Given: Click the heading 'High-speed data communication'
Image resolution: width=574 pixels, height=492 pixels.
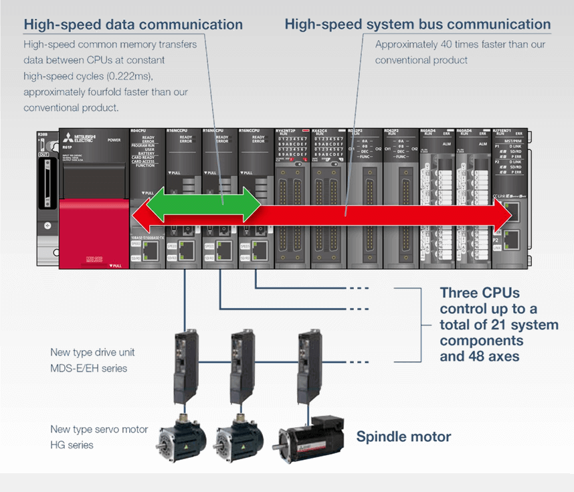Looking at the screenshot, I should click(133, 25).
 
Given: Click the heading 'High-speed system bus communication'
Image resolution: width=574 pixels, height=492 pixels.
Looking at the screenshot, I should click(417, 25).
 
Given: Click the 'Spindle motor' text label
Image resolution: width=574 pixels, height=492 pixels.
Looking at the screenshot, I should click(403, 437).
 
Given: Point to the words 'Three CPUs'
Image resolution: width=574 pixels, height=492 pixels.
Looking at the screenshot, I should click(480, 293).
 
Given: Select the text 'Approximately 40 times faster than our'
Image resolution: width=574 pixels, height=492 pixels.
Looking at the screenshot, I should click(460, 45).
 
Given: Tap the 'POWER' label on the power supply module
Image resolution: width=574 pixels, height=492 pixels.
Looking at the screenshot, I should click(114, 141).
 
